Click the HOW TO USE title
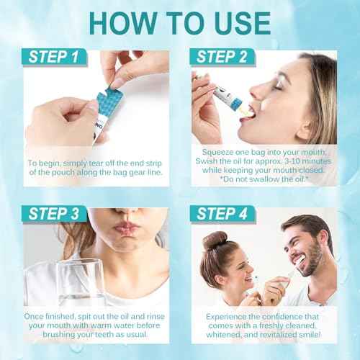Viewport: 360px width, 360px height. (180, 22)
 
